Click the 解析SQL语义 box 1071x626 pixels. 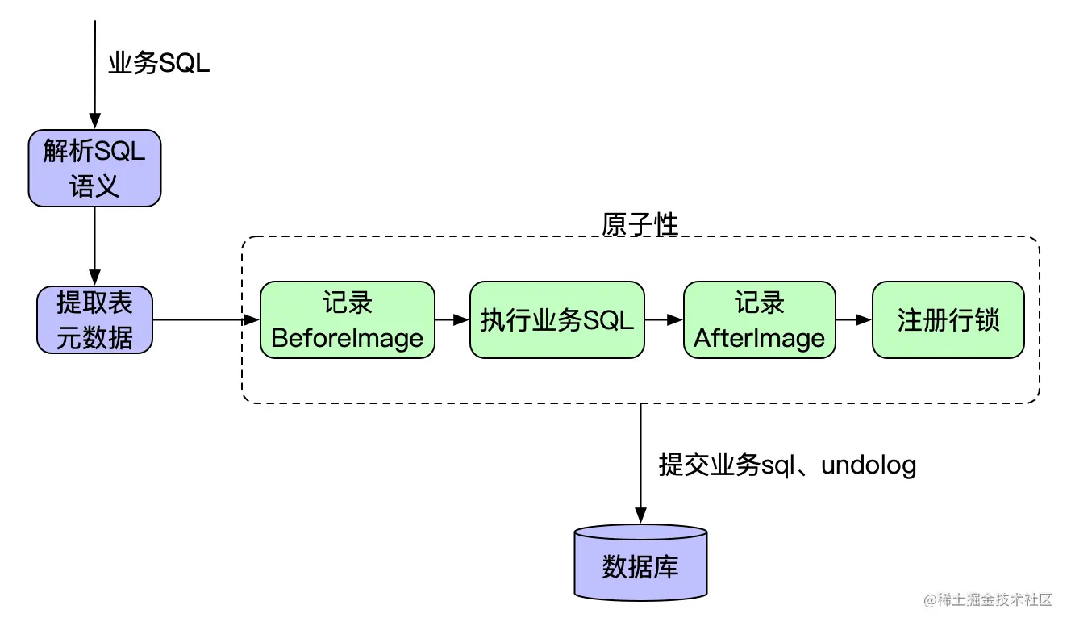tap(94, 168)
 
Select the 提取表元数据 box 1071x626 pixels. tap(94, 319)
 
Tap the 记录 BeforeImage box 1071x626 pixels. tap(347, 319)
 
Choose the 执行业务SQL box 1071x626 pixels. tap(556, 319)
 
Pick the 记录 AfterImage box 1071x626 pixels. tap(759, 319)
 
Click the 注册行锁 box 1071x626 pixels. tap(948, 319)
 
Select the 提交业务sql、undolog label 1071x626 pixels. tap(787, 465)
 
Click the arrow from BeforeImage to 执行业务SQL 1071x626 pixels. tap(452, 319)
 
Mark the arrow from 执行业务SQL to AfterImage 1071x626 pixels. tap(664, 319)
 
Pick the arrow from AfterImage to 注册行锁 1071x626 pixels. tap(854, 319)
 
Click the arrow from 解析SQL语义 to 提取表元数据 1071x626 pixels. tap(94, 245)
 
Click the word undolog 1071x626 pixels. tap(869, 466)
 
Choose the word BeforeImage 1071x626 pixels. tap(347, 338)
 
